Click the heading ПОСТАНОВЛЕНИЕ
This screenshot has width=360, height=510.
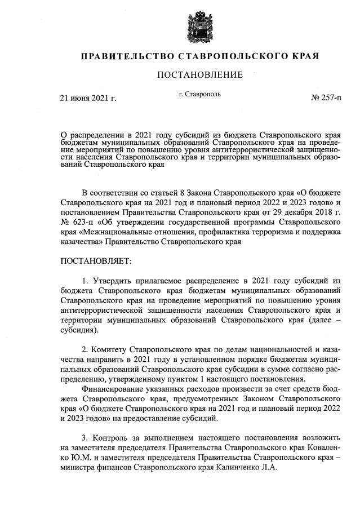(199, 75)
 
